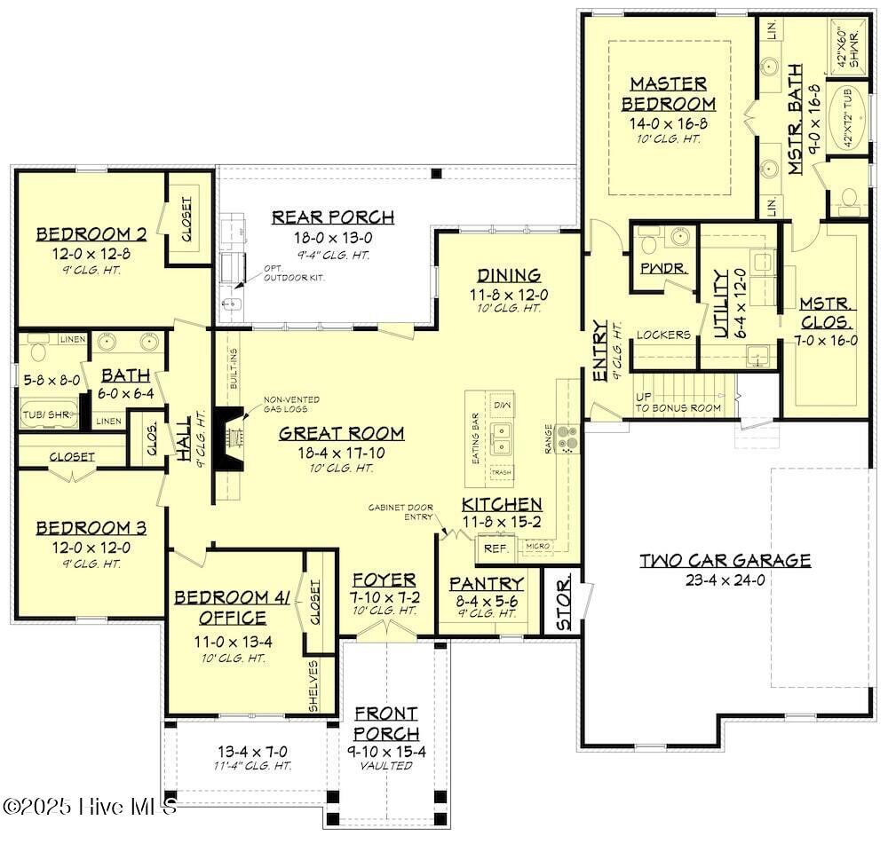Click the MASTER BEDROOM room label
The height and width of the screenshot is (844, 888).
click(x=669, y=93)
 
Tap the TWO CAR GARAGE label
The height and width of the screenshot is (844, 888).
click(x=725, y=561)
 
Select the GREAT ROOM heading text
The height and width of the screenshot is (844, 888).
click(x=341, y=434)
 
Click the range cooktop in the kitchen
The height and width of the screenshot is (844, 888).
click(x=567, y=438)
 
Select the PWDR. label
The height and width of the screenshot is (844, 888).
click(x=657, y=266)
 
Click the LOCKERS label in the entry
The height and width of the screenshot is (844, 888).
click(x=662, y=335)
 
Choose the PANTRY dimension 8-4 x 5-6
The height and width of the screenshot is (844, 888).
click(x=486, y=600)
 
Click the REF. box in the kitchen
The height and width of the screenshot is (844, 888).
click(x=496, y=548)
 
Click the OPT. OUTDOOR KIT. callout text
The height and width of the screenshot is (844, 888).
click(x=294, y=273)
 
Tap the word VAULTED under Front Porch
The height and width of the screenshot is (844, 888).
click(x=386, y=766)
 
